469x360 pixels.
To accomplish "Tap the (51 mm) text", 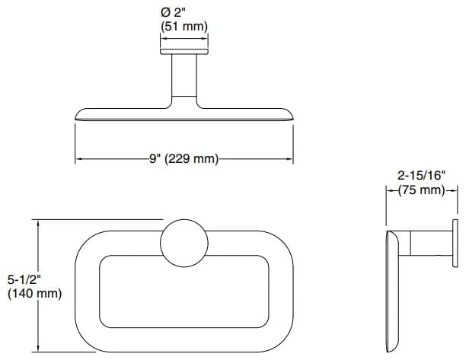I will [x=183, y=27].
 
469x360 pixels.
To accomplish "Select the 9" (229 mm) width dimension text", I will [x=183, y=159].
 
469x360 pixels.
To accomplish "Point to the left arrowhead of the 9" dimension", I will [x=78, y=159].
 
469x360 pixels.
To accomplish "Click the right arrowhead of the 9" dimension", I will [x=290, y=159].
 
